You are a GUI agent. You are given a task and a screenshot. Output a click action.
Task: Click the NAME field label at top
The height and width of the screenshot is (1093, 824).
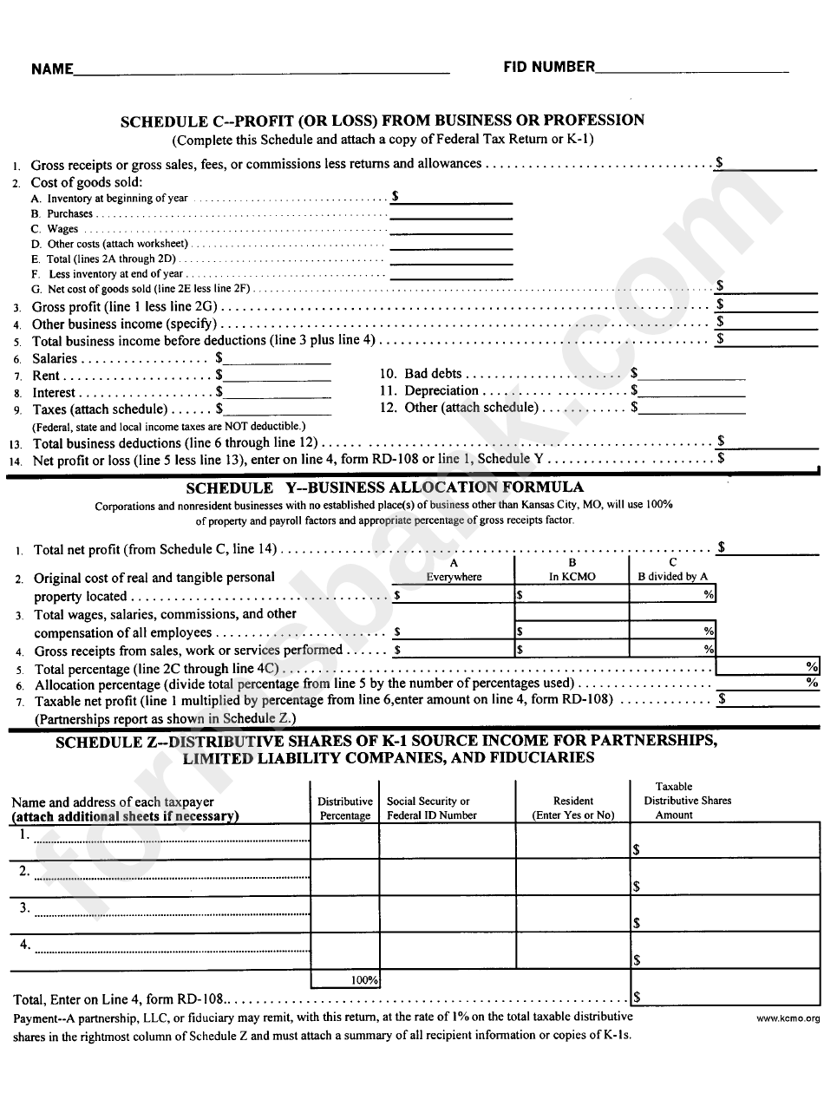pos(52,69)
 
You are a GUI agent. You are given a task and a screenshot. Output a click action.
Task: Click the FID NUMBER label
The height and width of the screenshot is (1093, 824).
pos(549,67)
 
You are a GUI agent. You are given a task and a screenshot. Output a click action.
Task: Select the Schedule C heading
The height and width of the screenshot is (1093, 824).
pos(382,121)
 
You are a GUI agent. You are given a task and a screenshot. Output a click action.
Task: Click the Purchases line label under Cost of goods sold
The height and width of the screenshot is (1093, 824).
pos(69,213)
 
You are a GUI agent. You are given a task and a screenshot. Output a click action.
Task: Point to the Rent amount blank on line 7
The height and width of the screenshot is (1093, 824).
pos(278,375)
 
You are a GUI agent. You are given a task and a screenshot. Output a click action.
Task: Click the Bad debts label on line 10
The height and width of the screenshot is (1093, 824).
pos(433,374)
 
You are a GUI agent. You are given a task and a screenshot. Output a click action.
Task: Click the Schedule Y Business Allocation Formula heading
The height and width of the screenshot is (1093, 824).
pos(384,488)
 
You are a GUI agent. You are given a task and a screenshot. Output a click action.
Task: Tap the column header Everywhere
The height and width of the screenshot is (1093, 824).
pos(454,577)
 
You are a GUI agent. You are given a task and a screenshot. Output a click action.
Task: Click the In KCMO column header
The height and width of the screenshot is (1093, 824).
pos(572,577)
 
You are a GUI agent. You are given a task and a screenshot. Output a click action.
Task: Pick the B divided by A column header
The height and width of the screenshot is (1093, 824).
pos(673,577)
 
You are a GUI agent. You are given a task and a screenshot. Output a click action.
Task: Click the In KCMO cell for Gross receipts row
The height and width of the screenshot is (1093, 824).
pos(572,649)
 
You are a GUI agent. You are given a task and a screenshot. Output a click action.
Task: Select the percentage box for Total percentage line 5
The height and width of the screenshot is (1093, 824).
pos(767,666)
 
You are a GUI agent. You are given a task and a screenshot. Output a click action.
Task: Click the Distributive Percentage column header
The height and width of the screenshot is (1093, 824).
pos(345,808)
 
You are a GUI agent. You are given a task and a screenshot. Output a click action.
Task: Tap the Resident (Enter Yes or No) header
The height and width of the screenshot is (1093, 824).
pos(572,808)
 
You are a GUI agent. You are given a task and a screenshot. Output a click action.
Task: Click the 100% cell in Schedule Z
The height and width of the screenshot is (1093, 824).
pos(345,979)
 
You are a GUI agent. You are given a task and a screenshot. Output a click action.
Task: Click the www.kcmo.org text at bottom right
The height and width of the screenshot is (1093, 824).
pos(787,1019)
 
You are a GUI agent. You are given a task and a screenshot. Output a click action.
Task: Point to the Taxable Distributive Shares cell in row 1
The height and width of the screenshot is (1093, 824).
pos(727,841)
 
